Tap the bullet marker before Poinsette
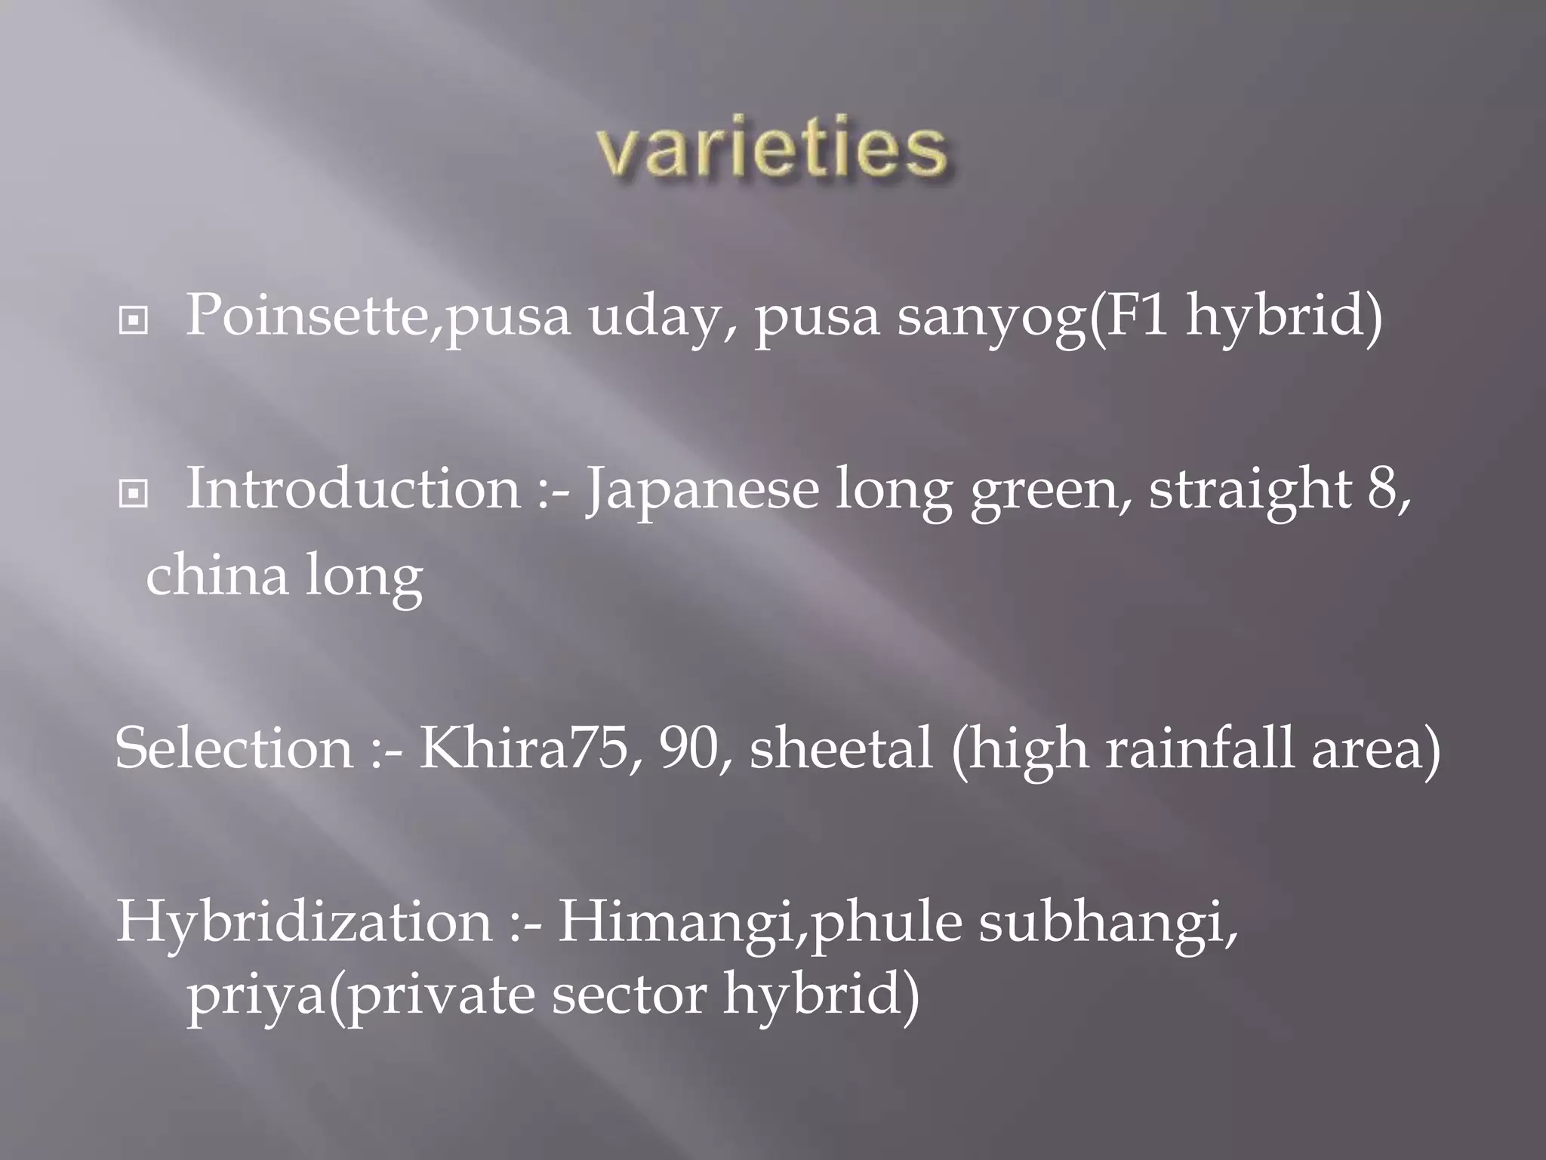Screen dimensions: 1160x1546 [x=134, y=321]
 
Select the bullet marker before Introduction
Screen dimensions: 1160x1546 [x=134, y=495]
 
